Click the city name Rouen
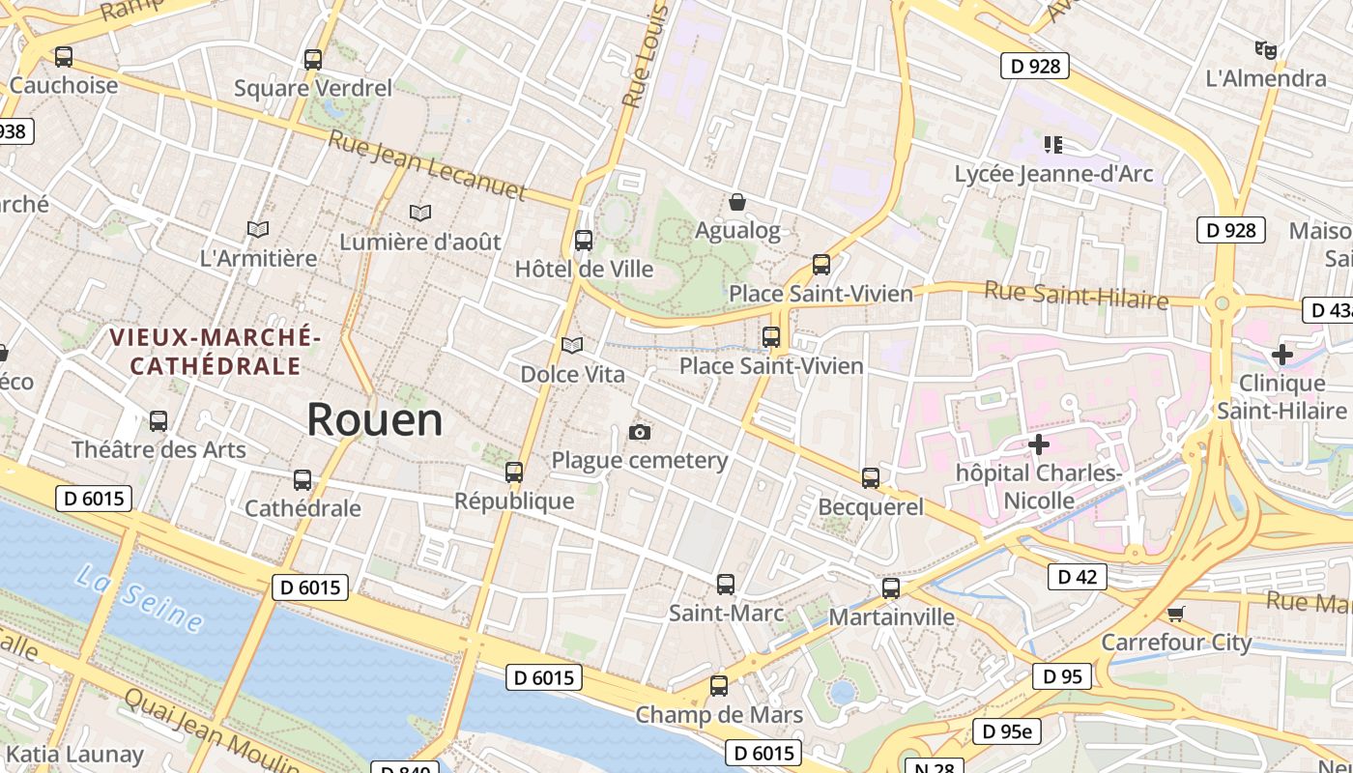[375, 419]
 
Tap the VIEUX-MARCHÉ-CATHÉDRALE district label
[215, 352]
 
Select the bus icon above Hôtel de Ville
[584, 241]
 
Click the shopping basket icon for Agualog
[737, 202]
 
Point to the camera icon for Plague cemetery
[640, 432]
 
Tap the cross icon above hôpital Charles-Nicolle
[1039, 444]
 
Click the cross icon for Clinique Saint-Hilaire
[1282, 355]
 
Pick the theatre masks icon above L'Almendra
[1265, 49]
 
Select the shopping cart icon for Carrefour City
[1176, 614]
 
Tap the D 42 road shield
[1078, 577]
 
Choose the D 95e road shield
[1006, 731]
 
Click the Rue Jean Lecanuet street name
[427, 165]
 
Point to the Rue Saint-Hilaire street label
[1076, 295]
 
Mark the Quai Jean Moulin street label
[211, 732]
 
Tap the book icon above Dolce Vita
[572, 345]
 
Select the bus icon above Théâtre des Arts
[158, 421]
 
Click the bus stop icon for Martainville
[891, 587]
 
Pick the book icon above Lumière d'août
[420, 213]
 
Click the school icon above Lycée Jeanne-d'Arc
[1053, 145]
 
